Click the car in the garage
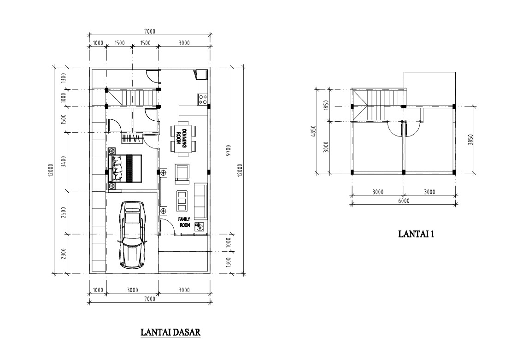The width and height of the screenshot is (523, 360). (132, 235)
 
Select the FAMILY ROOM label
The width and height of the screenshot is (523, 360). (184, 222)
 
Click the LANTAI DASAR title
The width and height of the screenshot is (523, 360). (170, 332)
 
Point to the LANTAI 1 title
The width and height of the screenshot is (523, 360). (416, 234)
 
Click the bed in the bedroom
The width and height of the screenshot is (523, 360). (125, 168)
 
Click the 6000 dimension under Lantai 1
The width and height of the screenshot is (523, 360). (403, 201)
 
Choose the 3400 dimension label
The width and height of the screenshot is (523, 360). (64, 162)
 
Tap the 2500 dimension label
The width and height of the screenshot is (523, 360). (64, 213)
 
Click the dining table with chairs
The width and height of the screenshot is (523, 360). (183, 138)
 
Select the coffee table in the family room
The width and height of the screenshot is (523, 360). (182, 201)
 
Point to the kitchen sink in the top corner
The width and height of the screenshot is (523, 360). (201, 75)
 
